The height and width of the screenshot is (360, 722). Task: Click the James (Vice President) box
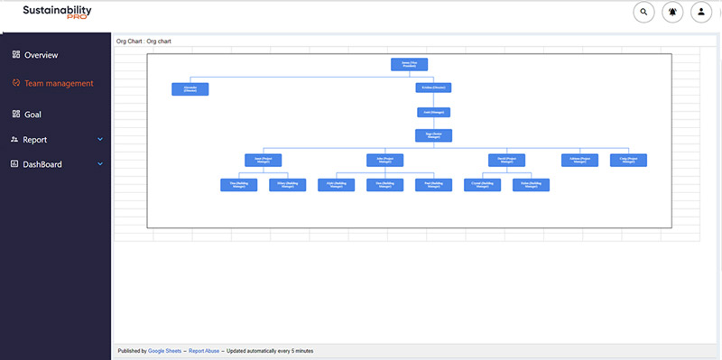pyautogui.click(x=409, y=64)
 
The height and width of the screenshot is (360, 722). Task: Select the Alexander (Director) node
pyautogui.click(x=190, y=88)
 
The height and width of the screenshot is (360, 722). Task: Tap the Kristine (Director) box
pyautogui.click(x=433, y=88)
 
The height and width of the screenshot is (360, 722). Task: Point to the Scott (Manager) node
pyautogui.click(x=433, y=113)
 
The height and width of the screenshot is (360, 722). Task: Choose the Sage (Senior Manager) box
pyautogui.click(x=433, y=135)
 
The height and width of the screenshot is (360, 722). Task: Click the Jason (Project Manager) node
pyautogui.click(x=263, y=160)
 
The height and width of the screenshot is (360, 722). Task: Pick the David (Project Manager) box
pyautogui.click(x=506, y=160)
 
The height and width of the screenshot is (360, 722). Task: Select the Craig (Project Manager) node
pyautogui.click(x=628, y=160)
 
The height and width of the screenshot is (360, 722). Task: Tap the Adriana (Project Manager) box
pyautogui.click(x=579, y=160)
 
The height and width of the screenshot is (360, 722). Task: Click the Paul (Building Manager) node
pyautogui.click(x=433, y=184)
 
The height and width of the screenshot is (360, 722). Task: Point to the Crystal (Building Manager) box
pyautogui.click(x=482, y=184)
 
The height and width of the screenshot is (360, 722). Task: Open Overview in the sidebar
pyautogui.click(x=41, y=55)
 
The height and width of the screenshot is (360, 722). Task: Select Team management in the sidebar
pyautogui.click(x=59, y=84)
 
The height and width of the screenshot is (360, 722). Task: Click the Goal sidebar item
pyautogui.click(x=32, y=115)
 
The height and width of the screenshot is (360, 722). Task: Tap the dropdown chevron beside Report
pyautogui.click(x=100, y=140)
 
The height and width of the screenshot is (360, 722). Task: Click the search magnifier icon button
pyautogui.click(x=643, y=13)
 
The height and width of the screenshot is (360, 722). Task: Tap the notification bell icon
pyautogui.click(x=672, y=13)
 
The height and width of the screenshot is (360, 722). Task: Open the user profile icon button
pyautogui.click(x=701, y=13)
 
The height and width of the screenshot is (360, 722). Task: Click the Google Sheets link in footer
pyautogui.click(x=166, y=350)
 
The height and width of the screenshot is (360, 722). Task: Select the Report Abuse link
pyautogui.click(x=205, y=350)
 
